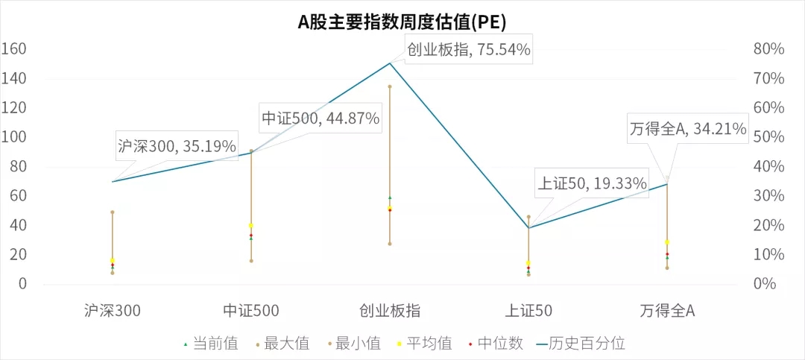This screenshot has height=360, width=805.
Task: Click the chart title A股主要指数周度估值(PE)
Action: coord(402,21)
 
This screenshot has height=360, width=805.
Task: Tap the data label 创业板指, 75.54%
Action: coord(468,50)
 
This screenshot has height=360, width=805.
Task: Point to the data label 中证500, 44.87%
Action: coord(321,118)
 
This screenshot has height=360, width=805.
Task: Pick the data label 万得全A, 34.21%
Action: coord(687,129)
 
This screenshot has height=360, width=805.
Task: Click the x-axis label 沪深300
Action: coord(113,310)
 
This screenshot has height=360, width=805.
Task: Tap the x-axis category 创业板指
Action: coord(389,310)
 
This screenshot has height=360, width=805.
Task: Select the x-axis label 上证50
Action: coord(528,310)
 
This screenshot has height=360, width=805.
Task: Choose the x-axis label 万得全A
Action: coord(667,310)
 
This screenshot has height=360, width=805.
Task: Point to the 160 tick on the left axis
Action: coord(14,49)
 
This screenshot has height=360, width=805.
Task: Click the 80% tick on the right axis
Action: coord(768,49)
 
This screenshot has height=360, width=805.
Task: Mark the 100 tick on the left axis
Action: coord(14,137)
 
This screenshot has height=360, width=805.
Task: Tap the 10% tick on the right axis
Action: coord(768,255)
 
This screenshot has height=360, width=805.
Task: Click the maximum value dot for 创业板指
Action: coord(389,86)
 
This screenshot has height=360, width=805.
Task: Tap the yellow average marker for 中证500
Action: coord(251,225)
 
